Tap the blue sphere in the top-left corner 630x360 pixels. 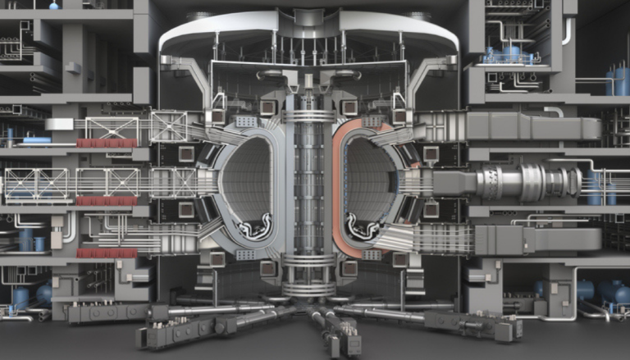pyautogui.click(x=54, y=5)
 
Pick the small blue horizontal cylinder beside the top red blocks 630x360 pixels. pyautogui.click(x=37, y=141)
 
